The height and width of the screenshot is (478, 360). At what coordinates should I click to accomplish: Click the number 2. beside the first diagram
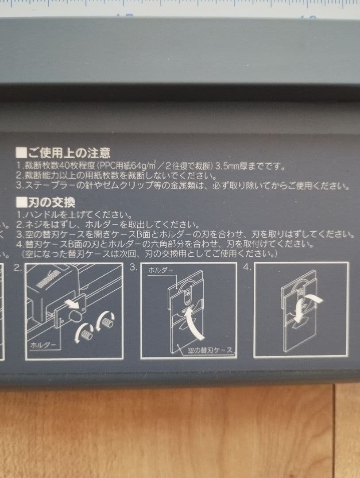tap(17, 267)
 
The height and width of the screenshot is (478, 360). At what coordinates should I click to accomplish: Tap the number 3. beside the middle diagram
tap(133, 267)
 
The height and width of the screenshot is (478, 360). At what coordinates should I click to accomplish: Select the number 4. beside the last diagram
tap(247, 267)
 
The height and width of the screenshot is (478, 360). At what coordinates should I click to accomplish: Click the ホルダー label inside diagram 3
tap(161, 270)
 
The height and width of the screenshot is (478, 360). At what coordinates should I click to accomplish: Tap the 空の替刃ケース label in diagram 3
tap(209, 351)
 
